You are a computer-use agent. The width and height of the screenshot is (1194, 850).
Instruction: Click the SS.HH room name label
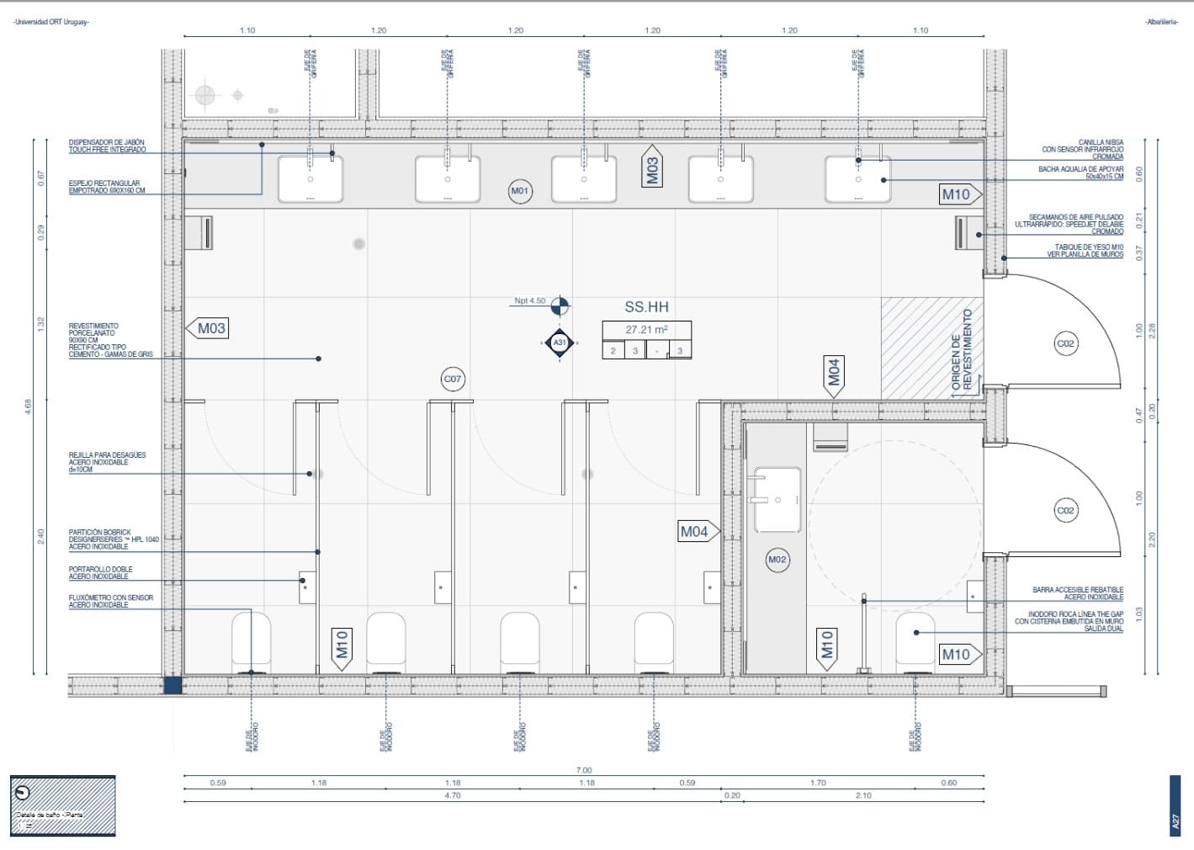point(646,307)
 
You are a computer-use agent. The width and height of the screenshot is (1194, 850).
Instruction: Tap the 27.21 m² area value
point(646,330)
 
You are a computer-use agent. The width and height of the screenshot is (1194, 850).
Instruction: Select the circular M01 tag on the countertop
point(520,191)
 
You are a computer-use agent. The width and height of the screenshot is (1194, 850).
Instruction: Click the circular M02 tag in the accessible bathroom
point(777,560)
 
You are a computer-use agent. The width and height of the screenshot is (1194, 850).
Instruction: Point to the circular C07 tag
point(453,380)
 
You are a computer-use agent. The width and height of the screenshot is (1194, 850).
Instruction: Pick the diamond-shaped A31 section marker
point(560,343)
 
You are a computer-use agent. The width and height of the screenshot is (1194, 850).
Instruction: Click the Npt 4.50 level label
point(530,300)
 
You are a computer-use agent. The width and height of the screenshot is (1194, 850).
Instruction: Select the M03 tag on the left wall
point(210,328)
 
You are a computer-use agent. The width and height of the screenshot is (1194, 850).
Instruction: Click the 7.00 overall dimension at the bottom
point(584,770)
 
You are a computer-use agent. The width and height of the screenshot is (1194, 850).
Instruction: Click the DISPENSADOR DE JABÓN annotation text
point(107,146)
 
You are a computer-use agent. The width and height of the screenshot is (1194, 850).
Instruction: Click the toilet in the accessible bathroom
point(915,643)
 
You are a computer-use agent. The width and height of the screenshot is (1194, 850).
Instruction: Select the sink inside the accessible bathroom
point(776,500)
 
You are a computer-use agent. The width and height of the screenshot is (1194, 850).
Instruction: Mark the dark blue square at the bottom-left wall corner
point(172,686)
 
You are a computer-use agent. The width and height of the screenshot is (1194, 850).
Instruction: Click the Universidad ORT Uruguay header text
point(51,22)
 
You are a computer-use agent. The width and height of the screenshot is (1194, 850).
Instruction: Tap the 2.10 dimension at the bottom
point(863,795)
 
